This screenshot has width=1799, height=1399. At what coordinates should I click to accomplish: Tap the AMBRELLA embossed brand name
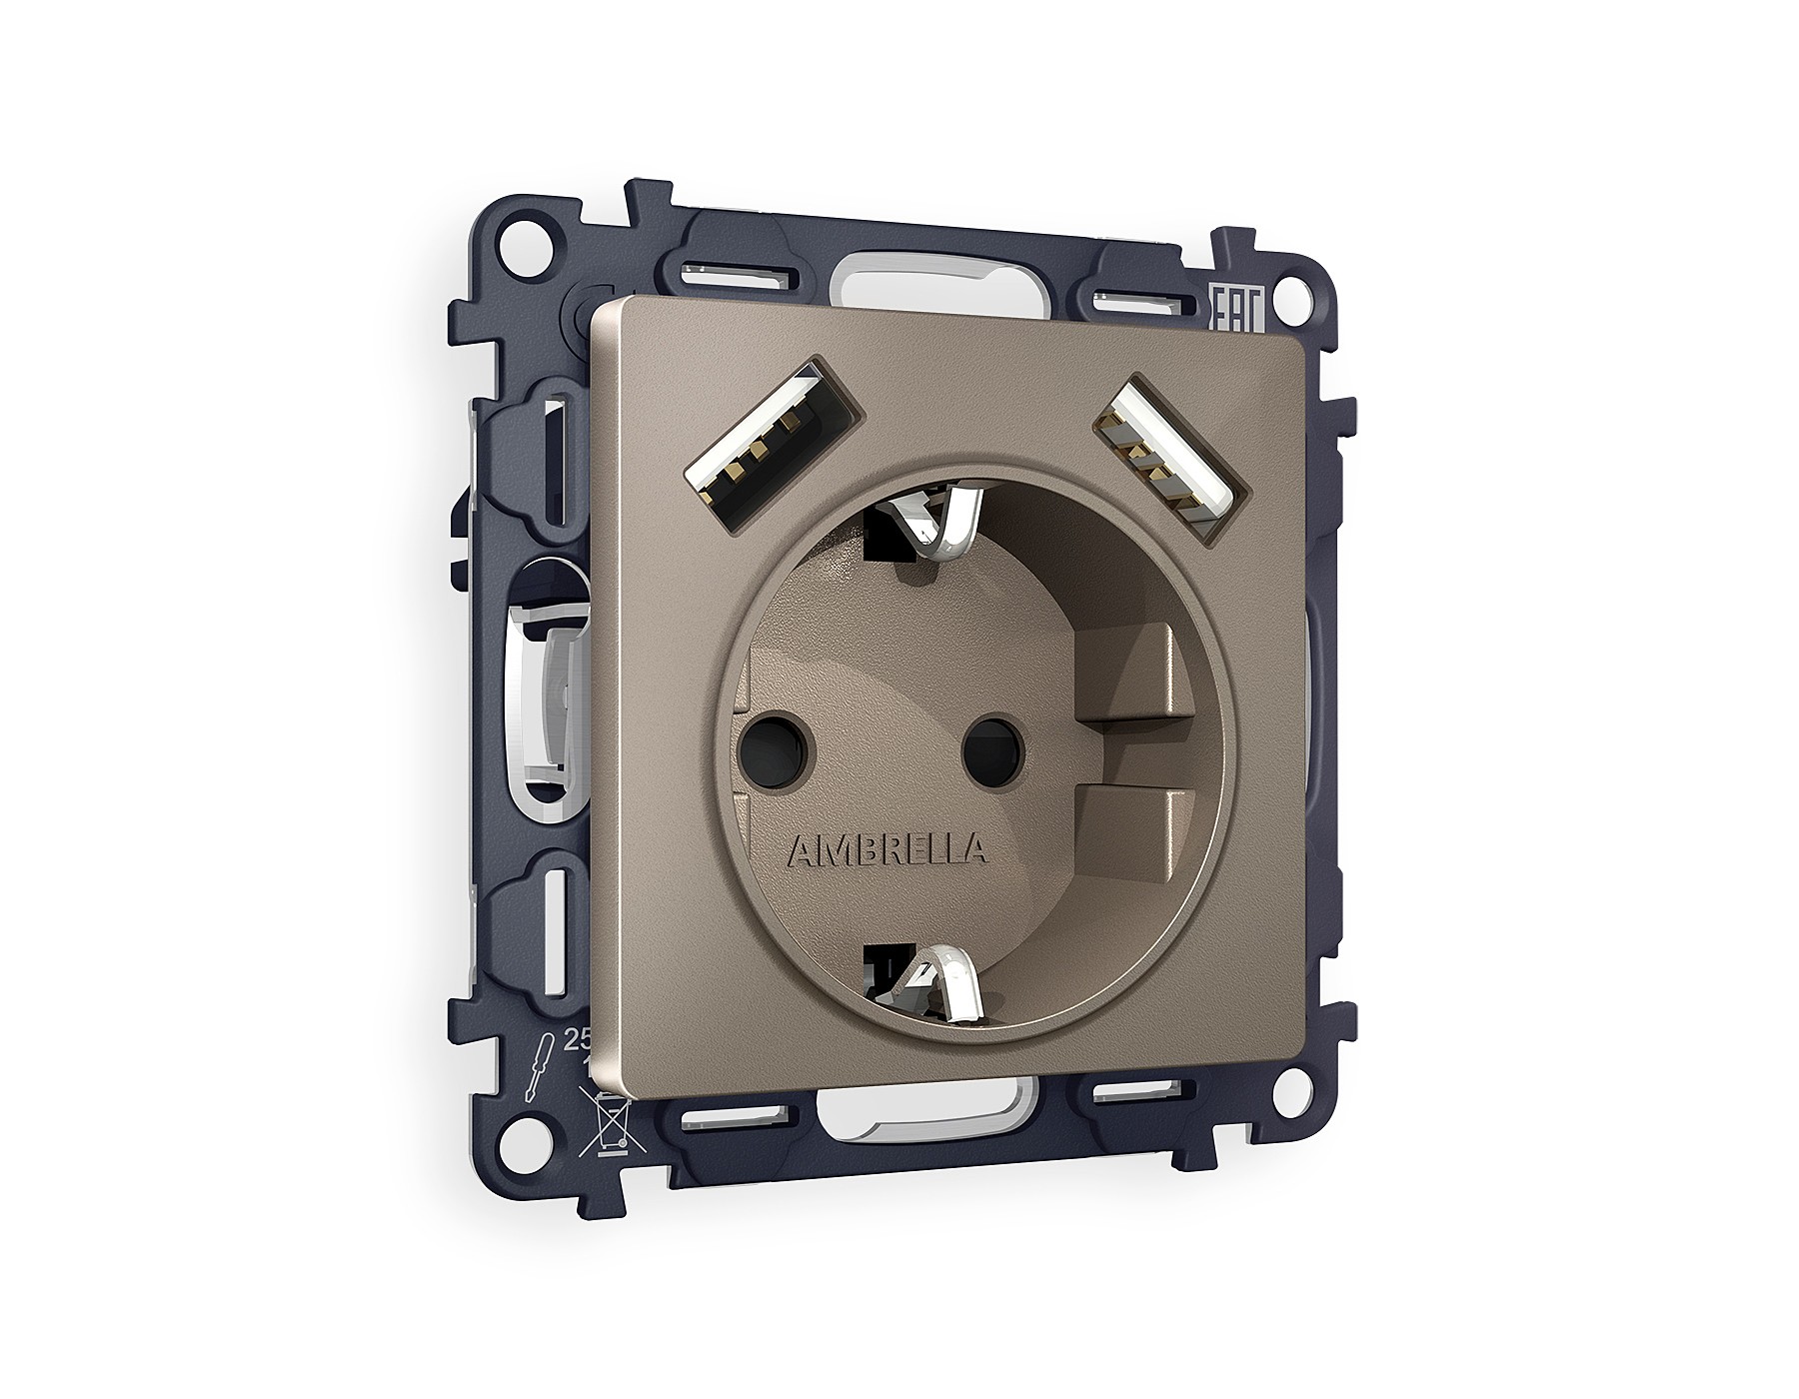point(889,849)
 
